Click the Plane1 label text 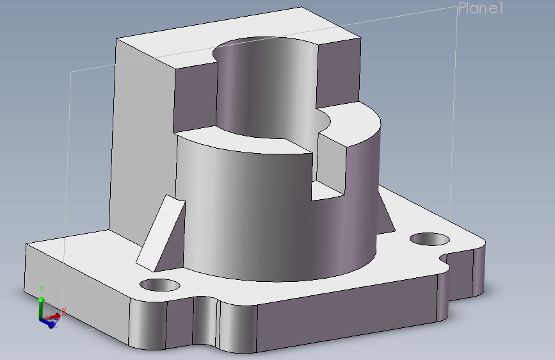click(x=481, y=8)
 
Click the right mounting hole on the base click(x=430, y=239)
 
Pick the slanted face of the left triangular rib click(x=160, y=231)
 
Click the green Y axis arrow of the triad click(x=41, y=295)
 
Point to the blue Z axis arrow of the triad click(x=51, y=324)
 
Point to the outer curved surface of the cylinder click(x=256, y=211)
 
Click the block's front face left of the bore click(x=195, y=96)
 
